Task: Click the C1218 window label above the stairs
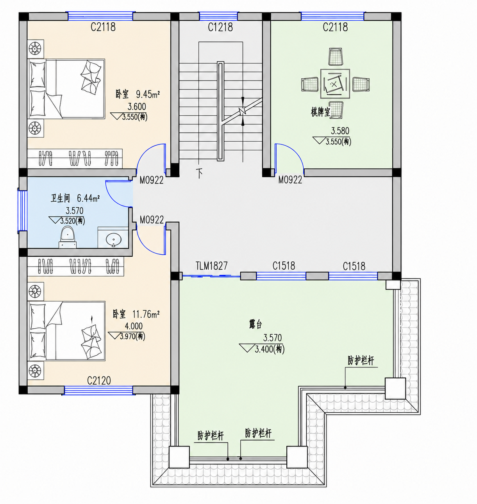[220, 27]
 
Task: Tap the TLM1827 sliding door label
[211, 266]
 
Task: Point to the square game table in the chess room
[335, 84]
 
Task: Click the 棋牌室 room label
[320, 112]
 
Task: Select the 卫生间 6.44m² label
[75, 198]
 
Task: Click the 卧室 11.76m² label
[136, 314]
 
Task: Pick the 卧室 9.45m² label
[138, 94]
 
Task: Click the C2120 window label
[99, 381]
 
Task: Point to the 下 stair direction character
[200, 173]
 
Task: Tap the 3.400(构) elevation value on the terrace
[270, 349]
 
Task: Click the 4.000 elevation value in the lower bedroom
[134, 326]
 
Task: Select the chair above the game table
[336, 57]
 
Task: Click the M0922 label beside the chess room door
[290, 180]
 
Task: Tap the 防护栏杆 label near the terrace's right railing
[361, 360]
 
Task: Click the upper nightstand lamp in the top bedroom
[35, 49]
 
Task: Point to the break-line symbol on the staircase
[242, 111]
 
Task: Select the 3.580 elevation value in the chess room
[340, 131]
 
